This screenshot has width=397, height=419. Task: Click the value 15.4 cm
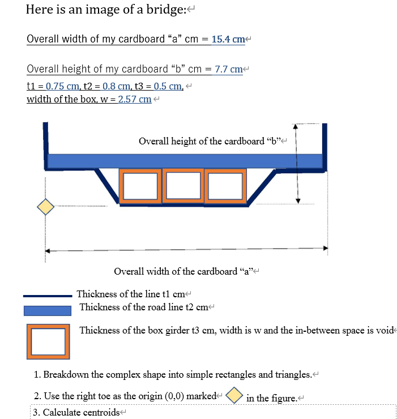pos(228,40)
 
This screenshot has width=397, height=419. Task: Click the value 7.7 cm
pos(228,69)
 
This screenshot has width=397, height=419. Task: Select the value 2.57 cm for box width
pos(135,100)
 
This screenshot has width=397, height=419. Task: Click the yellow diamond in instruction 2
pos(234,395)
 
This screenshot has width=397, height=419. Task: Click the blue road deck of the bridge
pos(184,161)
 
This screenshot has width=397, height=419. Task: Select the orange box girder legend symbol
pos(48,341)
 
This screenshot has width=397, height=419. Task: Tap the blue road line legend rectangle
pos(48,310)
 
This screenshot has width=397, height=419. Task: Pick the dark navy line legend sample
pos(48,295)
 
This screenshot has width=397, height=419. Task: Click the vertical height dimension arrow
pos(298,164)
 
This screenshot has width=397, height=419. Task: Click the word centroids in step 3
pos(101,412)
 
